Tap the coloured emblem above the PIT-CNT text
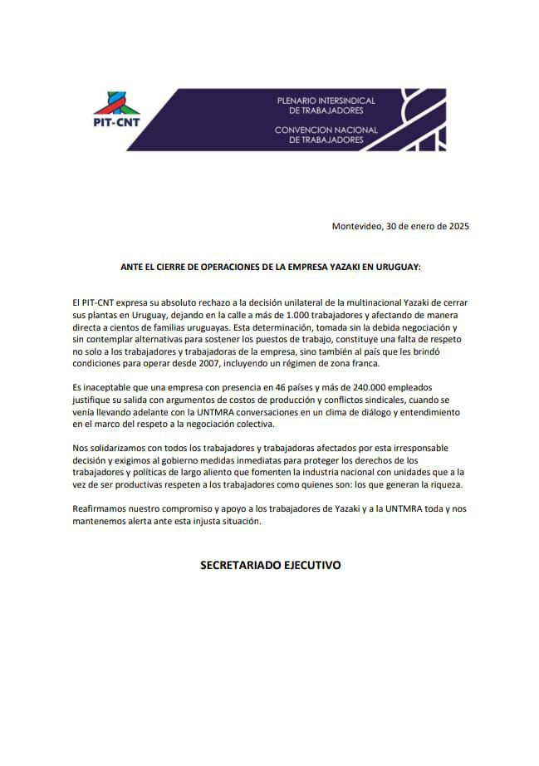[x=117, y=98]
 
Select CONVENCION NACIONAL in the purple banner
[x=326, y=130]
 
